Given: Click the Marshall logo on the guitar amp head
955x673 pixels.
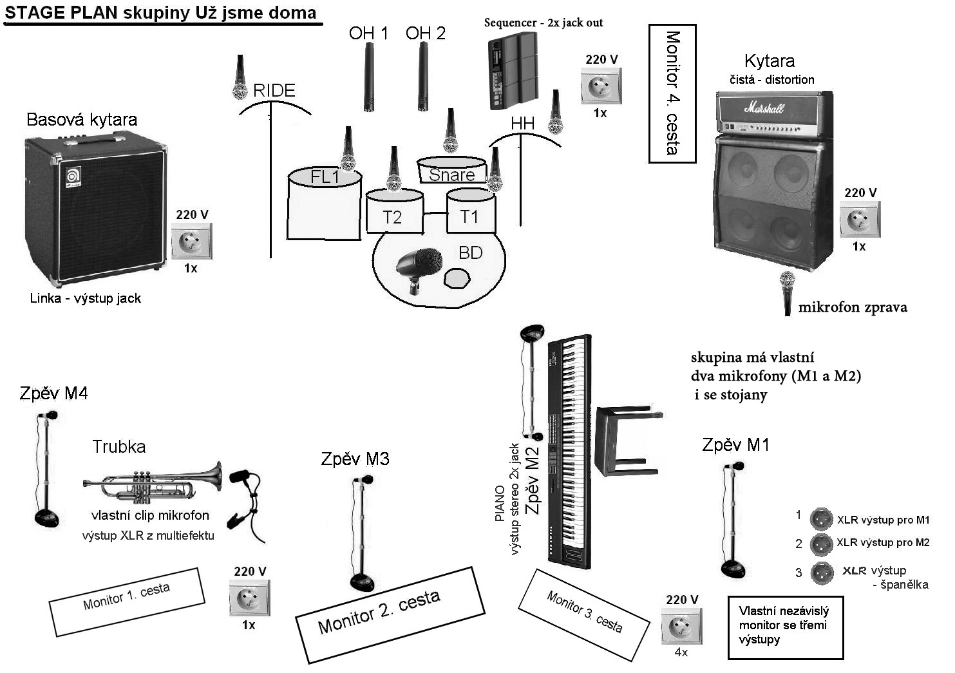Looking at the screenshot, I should coord(764,108).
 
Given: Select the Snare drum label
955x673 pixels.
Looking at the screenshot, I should coord(451,175).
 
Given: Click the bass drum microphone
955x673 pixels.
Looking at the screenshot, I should coord(419,267).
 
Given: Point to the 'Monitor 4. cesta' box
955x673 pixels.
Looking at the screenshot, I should coord(672,93).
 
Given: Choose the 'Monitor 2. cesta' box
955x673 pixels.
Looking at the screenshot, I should coord(390,614).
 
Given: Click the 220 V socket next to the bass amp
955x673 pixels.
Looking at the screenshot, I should coord(191,242).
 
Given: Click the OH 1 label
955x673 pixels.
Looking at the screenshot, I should coord(368,33).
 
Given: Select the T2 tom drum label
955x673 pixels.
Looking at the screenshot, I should coord(392,217).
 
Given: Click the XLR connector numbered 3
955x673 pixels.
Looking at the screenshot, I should coord(820,572).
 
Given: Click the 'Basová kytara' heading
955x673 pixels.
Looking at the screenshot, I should coord(82,119).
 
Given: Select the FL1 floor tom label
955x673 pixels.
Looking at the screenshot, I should coord(325,177).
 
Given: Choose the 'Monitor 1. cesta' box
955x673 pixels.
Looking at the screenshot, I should coord(127,601).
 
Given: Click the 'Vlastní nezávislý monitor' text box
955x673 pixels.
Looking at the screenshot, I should coord(785,627).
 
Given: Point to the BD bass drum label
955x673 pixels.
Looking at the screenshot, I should coord(470,252).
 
